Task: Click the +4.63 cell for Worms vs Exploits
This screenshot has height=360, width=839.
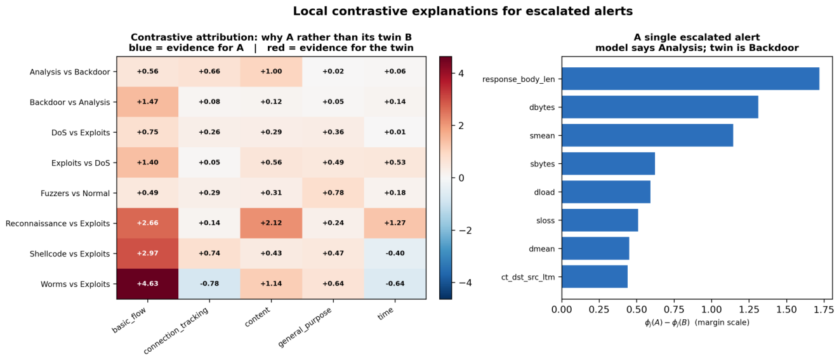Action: click(x=148, y=284)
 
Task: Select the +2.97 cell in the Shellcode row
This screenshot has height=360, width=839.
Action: click(x=148, y=253)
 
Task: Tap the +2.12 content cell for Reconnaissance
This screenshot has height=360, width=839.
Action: click(x=271, y=223)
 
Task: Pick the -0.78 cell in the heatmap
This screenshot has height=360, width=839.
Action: click(x=209, y=284)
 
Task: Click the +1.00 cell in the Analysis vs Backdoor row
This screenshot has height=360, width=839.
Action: click(x=271, y=72)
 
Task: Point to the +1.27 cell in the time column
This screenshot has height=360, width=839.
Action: click(x=395, y=223)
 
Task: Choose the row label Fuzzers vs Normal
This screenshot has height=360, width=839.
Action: click(x=76, y=193)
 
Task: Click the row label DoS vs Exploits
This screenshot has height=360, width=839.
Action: click(x=81, y=133)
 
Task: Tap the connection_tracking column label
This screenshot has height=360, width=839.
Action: click(x=176, y=330)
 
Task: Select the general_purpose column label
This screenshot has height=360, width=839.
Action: click(x=305, y=327)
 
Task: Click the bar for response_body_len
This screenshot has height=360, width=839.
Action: click(x=690, y=79)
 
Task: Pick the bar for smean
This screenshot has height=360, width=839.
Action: click(x=647, y=135)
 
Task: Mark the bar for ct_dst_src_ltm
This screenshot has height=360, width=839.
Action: click(x=595, y=276)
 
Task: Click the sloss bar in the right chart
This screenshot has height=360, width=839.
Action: click(x=600, y=220)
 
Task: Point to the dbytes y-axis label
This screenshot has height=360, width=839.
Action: click(x=542, y=107)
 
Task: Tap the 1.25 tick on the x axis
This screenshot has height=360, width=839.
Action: click(x=749, y=310)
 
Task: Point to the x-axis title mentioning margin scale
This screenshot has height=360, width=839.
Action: click(x=697, y=323)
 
